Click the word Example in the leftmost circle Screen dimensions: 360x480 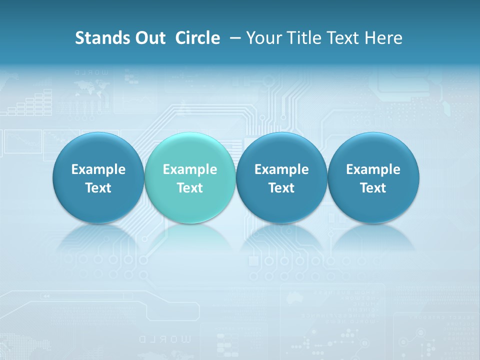(x=98, y=169)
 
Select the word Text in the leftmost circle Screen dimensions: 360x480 (x=98, y=188)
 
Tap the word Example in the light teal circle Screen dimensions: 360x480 (x=190, y=169)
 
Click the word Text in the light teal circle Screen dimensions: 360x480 (x=190, y=188)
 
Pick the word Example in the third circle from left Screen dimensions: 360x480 (x=281, y=169)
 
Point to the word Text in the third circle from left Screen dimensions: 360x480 (x=281, y=188)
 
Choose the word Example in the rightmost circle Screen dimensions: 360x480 (x=373, y=169)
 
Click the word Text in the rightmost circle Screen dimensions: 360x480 (x=373, y=188)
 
